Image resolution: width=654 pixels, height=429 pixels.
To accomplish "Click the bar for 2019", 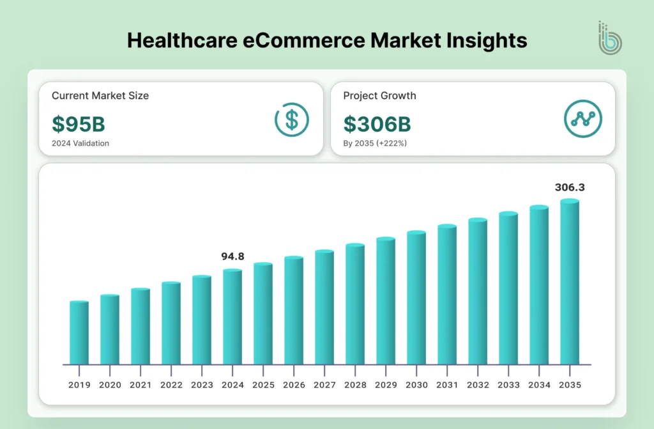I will click(x=79, y=332).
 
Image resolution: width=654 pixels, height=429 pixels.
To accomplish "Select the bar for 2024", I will click(x=232, y=316).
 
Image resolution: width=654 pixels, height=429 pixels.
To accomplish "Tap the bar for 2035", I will click(x=570, y=281).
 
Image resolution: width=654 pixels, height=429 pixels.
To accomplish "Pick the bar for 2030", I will click(x=416, y=297).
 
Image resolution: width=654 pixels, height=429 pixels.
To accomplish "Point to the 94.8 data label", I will click(x=232, y=256).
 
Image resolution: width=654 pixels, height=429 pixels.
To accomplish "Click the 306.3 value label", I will click(x=569, y=187).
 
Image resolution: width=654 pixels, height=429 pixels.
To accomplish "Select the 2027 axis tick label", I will click(x=324, y=385).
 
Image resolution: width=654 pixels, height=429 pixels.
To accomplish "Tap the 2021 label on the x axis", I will click(x=141, y=385).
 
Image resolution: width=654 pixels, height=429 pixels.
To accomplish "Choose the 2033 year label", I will click(x=508, y=385).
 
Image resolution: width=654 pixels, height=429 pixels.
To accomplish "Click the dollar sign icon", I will click(x=292, y=119).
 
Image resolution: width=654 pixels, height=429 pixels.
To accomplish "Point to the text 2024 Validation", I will click(x=80, y=143).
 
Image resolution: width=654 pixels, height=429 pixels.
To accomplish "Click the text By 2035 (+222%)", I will click(x=375, y=143).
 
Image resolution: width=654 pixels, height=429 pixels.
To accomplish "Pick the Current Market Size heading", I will click(x=100, y=96).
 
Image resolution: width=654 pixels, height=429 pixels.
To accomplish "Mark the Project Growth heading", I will click(x=379, y=96).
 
